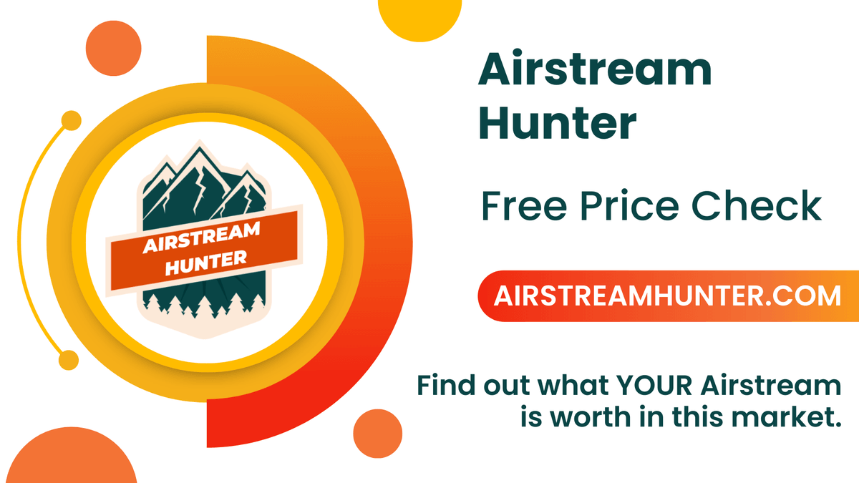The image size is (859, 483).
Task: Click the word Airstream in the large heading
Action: pos(595,68)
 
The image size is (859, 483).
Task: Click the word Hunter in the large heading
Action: pos(557,122)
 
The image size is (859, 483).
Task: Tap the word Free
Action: pos(524,206)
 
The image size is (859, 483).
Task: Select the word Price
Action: pos(630,206)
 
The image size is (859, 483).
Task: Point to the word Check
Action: pos(756,206)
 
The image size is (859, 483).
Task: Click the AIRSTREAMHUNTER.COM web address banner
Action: pos(669,296)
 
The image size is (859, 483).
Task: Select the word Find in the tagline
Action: pos(447,385)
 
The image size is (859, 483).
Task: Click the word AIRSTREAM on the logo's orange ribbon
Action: pos(202,238)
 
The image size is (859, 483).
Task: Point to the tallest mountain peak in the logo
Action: pos(200,147)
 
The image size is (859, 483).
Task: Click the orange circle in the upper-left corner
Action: pos(114,49)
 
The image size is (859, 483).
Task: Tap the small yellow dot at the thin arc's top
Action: pos(72,121)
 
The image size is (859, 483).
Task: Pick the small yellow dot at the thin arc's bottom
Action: pos(69,361)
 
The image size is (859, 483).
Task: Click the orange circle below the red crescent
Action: pos(378,434)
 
